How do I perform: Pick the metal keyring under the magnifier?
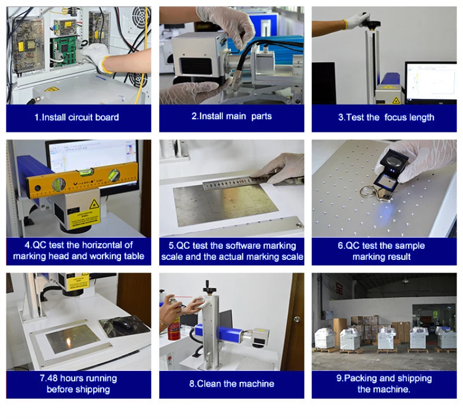click(x=368, y=192)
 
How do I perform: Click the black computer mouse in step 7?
click(x=121, y=324)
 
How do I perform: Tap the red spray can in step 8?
click(x=174, y=328)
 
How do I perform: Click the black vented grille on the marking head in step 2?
click(x=196, y=66)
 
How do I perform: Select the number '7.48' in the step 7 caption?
click(x=49, y=378)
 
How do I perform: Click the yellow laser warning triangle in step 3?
click(x=396, y=100)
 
